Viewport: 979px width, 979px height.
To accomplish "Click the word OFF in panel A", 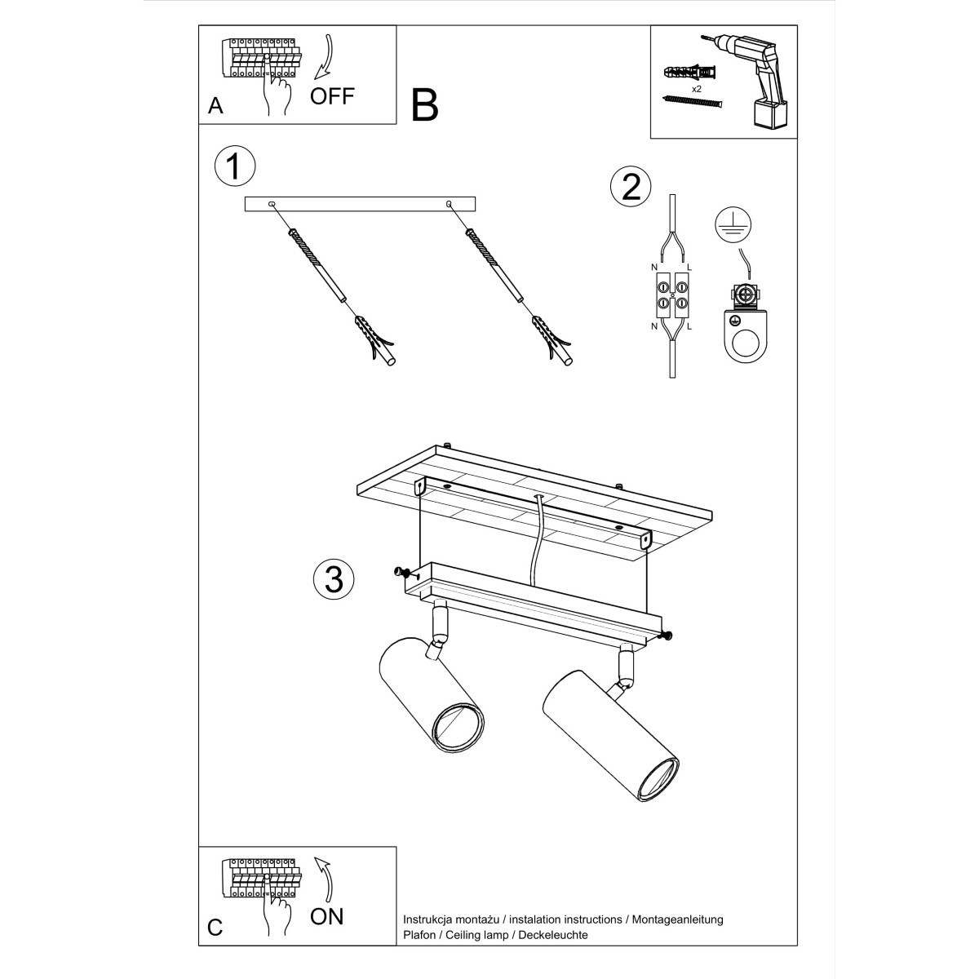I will click(332, 95).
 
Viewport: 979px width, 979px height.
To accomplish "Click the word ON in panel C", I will click(327, 916).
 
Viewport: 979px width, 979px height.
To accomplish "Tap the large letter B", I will click(425, 106).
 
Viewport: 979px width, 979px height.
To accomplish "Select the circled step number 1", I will click(234, 166).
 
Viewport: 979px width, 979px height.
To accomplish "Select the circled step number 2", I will click(631, 187).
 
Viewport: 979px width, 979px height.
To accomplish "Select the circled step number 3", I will click(334, 579).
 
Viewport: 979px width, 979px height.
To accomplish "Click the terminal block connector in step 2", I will click(671, 296).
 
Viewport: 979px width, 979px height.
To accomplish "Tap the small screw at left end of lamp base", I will click(401, 572).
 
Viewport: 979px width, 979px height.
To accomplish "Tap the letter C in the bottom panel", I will click(215, 928).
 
